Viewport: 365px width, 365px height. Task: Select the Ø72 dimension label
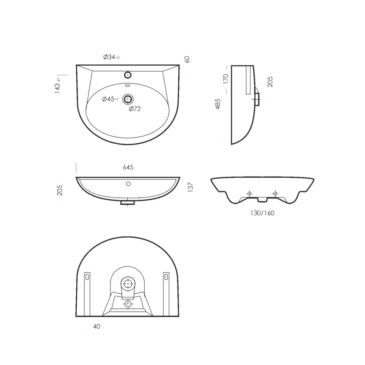coord(135,109)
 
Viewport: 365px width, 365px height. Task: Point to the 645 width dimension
coord(128,167)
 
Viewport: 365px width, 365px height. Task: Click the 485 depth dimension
coord(218,104)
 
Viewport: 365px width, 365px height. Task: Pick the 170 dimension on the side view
coord(226,79)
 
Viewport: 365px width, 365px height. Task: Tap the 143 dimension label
coord(57,86)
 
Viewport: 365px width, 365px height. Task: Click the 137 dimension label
coord(191,187)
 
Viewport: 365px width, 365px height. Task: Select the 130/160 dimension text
coord(262,213)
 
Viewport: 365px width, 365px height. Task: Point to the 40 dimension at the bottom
coord(97,327)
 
